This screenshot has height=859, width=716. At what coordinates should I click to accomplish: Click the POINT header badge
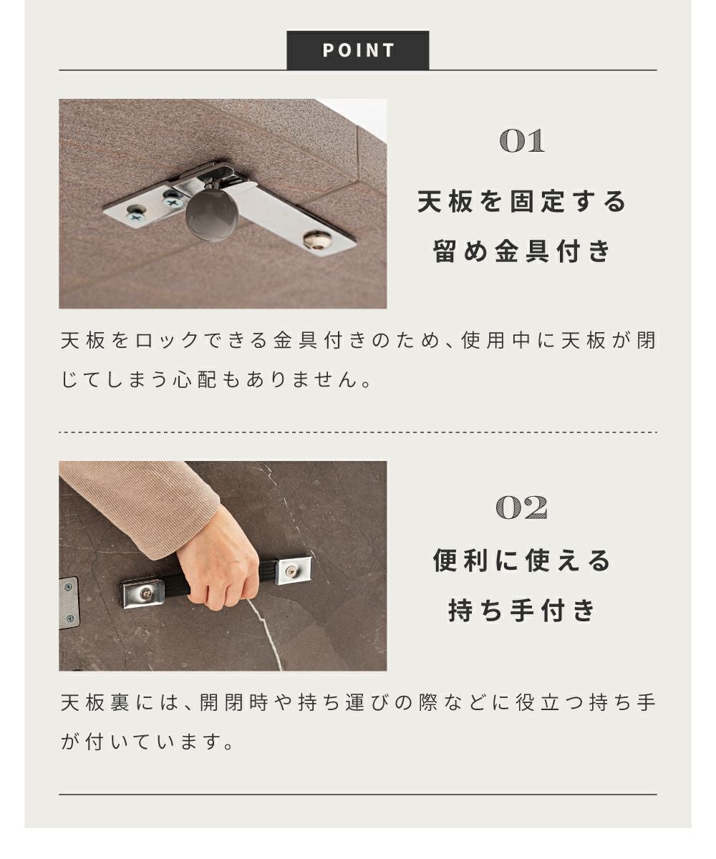[357, 50]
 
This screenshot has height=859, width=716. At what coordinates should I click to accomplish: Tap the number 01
[522, 141]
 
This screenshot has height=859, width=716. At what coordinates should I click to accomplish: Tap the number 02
[522, 508]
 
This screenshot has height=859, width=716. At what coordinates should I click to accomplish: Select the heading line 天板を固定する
[522, 202]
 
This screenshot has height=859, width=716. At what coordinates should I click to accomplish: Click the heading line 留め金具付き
[522, 251]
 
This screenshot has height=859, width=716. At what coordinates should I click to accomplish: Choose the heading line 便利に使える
[522, 560]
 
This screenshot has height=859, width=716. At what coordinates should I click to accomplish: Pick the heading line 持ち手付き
[522, 610]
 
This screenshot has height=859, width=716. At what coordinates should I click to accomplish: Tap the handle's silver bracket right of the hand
[293, 571]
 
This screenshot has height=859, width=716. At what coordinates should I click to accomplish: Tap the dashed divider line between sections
[357, 432]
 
